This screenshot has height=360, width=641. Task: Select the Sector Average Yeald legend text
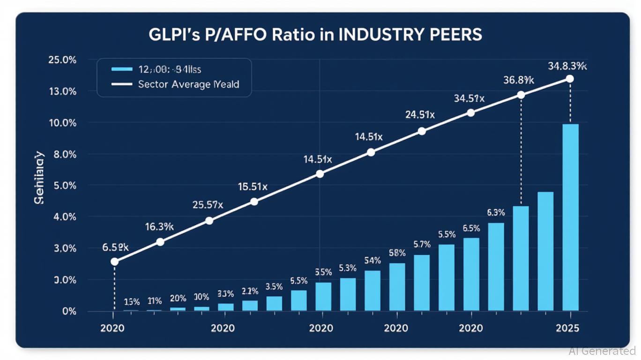(x=188, y=84)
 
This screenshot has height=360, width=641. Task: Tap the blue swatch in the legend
(x=122, y=69)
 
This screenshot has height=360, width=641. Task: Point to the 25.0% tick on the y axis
(x=62, y=60)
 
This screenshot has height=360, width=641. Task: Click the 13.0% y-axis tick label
(x=62, y=91)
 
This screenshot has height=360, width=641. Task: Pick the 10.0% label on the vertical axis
(x=62, y=123)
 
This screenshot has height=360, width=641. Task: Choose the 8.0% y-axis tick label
(x=64, y=154)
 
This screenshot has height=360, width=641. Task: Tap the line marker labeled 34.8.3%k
(x=570, y=79)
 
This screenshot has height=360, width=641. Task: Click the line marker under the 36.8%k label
(x=521, y=95)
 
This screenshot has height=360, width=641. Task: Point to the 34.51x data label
(x=469, y=98)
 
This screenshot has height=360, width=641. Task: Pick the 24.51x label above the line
(x=420, y=115)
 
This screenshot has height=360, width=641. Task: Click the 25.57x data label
(x=208, y=205)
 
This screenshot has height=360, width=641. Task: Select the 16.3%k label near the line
(x=159, y=227)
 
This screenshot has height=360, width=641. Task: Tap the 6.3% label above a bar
(x=496, y=212)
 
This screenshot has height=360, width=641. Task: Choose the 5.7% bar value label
(x=422, y=244)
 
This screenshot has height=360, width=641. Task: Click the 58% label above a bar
(x=397, y=253)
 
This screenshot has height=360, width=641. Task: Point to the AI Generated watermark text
(x=602, y=351)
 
